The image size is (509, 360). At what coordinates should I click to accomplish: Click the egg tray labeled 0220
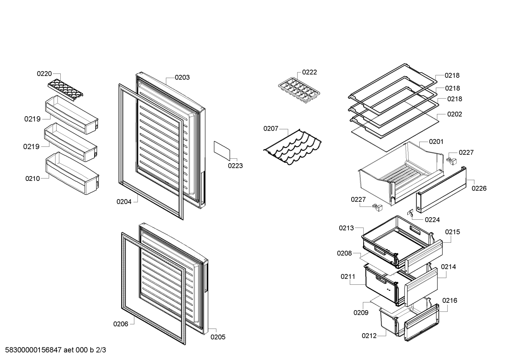(x=65, y=90)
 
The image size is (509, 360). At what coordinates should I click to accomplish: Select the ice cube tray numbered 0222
(x=299, y=90)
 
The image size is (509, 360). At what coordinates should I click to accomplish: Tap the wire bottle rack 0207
(x=292, y=147)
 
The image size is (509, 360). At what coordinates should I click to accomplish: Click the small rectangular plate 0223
(x=222, y=150)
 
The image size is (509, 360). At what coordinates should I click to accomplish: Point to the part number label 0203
(x=182, y=78)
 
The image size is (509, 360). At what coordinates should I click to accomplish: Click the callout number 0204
(x=124, y=202)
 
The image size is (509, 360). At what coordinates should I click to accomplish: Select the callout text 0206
(x=121, y=324)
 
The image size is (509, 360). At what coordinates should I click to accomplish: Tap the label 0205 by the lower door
(x=218, y=337)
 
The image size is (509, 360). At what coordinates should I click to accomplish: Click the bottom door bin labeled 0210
(x=72, y=173)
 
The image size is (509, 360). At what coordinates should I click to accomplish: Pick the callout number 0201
(x=436, y=142)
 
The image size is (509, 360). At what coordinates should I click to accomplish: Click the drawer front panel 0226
(x=441, y=190)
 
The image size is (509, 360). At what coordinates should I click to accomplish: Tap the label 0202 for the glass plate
(x=455, y=114)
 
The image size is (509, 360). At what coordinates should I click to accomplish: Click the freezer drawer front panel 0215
(x=424, y=257)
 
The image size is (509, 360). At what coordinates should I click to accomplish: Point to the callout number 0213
(x=346, y=228)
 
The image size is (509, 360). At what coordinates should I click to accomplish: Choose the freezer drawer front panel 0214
(x=421, y=287)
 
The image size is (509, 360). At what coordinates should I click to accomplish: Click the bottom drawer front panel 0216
(x=422, y=323)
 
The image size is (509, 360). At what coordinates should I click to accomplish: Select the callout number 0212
(x=369, y=336)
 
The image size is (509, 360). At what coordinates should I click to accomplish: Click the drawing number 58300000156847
(x=33, y=350)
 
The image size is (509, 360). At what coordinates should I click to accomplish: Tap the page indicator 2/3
(x=101, y=350)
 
